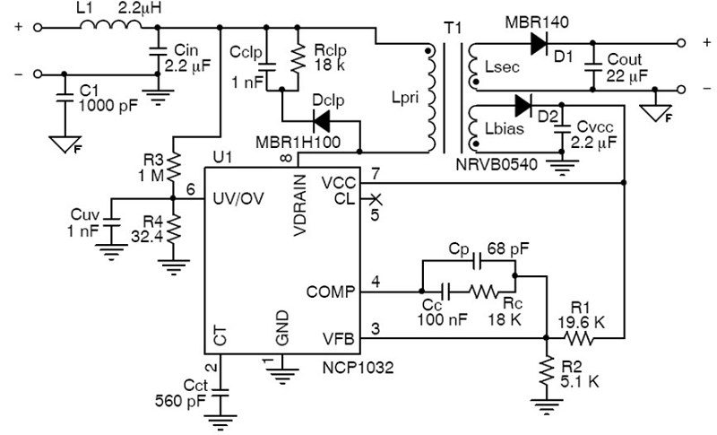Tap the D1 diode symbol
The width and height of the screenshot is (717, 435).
pos(540,43)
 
